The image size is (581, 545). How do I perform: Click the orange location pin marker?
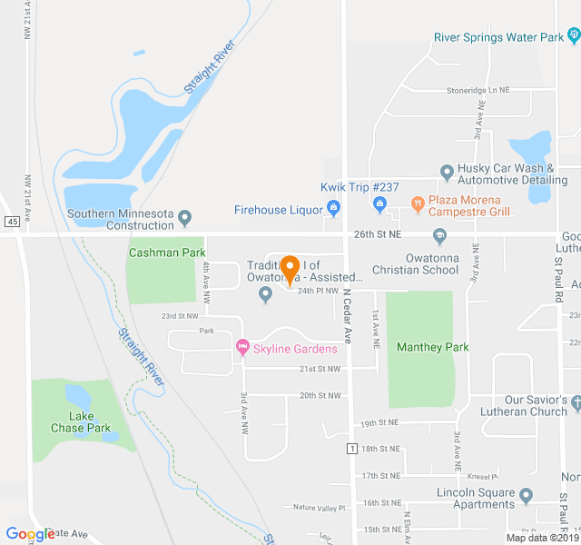(x=290, y=270)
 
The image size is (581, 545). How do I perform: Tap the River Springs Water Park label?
(x=498, y=37)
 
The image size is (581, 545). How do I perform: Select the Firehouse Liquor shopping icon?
(x=333, y=210)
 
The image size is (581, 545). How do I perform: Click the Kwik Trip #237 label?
(x=354, y=187)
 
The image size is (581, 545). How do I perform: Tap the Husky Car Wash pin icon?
(x=447, y=173)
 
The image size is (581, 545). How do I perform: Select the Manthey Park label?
(x=433, y=347)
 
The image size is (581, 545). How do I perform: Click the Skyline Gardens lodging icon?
(x=242, y=348)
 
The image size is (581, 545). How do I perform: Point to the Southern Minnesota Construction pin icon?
(x=185, y=218)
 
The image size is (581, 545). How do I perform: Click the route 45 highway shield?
(x=12, y=222)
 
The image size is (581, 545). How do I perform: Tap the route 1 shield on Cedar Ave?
(x=351, y=448)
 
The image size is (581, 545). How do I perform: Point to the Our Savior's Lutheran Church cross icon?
(x=575, y=401)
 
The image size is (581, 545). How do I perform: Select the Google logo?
(x=30, y=534)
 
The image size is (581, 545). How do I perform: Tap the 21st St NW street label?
(x=320, y=370)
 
